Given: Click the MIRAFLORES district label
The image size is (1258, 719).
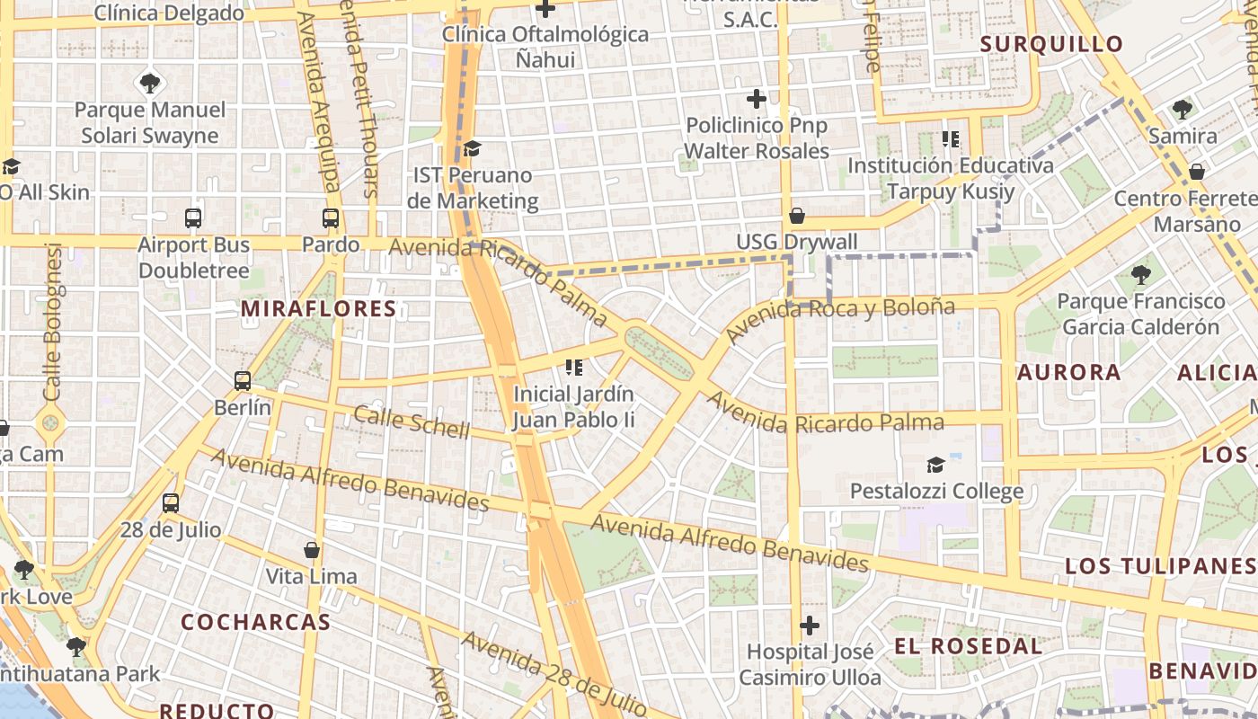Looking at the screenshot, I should (318, 309).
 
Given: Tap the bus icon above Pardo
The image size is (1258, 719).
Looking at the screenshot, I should (331, 217).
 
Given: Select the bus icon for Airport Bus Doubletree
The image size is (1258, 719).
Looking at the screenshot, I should (193, 217).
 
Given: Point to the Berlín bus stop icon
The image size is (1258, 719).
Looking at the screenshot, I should (243, 380).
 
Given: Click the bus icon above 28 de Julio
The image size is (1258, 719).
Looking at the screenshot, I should (171, 503).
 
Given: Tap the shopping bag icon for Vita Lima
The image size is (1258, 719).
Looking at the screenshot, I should (312, 549).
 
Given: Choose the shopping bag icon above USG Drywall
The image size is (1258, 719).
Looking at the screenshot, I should (796, 216).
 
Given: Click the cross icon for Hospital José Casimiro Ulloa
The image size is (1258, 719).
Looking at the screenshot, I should (810, 625).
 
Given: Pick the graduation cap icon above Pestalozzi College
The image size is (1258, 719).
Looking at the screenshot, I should (935, 465).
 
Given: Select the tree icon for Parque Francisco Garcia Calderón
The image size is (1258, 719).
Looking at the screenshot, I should (1140, 274).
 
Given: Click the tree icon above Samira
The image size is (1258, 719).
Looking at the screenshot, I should (1182, 110).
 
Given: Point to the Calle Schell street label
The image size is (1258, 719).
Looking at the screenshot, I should (412, 422).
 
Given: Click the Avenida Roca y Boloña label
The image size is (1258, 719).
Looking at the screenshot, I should (840, 319).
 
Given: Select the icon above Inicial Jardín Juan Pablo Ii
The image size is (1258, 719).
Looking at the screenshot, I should (574, 367).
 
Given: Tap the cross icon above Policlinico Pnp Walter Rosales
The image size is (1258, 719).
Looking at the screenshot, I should (757, 98).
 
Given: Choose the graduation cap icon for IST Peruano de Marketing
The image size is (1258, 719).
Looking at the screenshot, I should (472, 148).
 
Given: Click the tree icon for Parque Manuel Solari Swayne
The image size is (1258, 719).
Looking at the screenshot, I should (150, 84).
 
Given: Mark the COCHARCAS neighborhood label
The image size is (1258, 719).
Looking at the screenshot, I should (255, 622).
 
